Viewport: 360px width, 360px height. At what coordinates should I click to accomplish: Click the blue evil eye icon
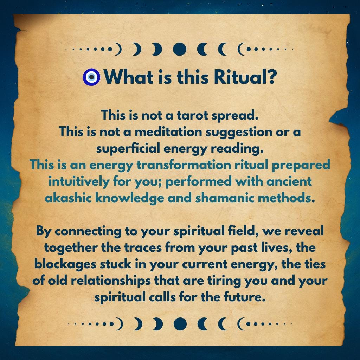[x=91, y=77]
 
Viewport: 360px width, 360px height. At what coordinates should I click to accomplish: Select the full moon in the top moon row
[x=180, y=49]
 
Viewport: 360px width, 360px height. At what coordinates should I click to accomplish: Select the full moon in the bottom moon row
[x=180, y=324]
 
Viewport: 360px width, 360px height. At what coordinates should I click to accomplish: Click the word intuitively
[x=79, y=182]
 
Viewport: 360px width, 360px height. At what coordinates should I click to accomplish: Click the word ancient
[x=289, y=181]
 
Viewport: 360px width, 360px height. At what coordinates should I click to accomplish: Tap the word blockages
[x=65, y=264]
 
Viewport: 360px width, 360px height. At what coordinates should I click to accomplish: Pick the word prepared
[x=301, y=165]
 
